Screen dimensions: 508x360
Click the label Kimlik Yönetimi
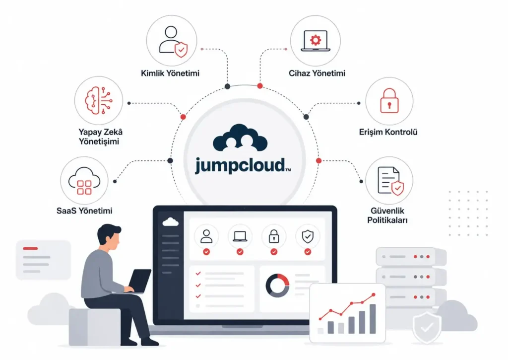[170, 73]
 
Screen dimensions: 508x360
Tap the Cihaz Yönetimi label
[317, 73]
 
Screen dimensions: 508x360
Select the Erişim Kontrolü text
[388, 132]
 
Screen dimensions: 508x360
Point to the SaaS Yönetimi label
[84, 211]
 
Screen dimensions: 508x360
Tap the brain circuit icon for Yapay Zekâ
[99, 100]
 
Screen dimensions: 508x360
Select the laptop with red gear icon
[315, 41]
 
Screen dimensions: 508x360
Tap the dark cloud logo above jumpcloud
[240, 138]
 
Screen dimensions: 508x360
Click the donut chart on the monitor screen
[277, 286]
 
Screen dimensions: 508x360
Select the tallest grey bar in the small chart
[373, 319]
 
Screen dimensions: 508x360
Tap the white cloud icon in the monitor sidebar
[170, 222]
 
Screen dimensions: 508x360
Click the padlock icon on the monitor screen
[274, 236]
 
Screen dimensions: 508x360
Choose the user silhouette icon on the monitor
[206, 236]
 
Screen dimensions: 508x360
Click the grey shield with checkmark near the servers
[427, 328]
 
